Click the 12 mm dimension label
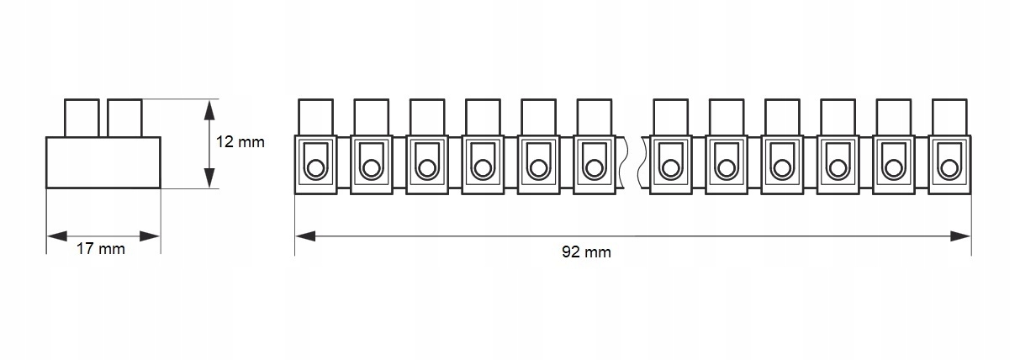240,142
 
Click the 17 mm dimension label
100,250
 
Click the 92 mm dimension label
585,251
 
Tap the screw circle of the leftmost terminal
315,168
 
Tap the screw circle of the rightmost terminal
949,168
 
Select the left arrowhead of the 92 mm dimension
305,236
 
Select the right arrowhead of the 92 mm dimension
960,236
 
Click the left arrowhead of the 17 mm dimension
55,236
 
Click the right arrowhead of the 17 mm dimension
150,236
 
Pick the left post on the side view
82,118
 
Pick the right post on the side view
124,118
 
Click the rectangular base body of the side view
103,162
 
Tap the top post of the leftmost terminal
315,117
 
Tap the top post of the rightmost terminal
949,117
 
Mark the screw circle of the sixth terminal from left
594,168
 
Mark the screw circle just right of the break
670,168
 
